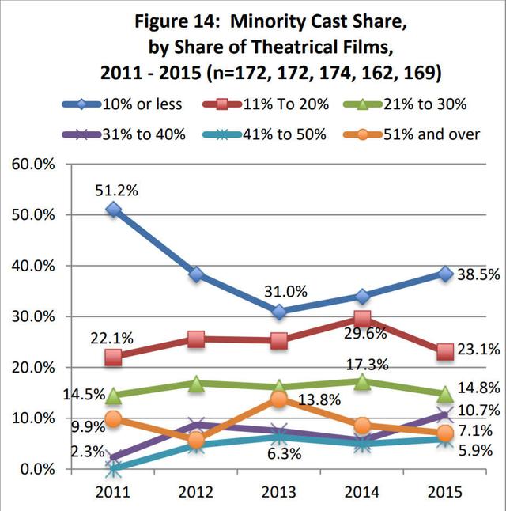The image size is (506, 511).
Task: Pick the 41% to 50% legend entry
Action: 272,134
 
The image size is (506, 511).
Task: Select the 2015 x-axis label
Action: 445,491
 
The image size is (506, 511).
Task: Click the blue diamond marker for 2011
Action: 114,210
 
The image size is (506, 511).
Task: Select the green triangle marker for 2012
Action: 197,384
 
